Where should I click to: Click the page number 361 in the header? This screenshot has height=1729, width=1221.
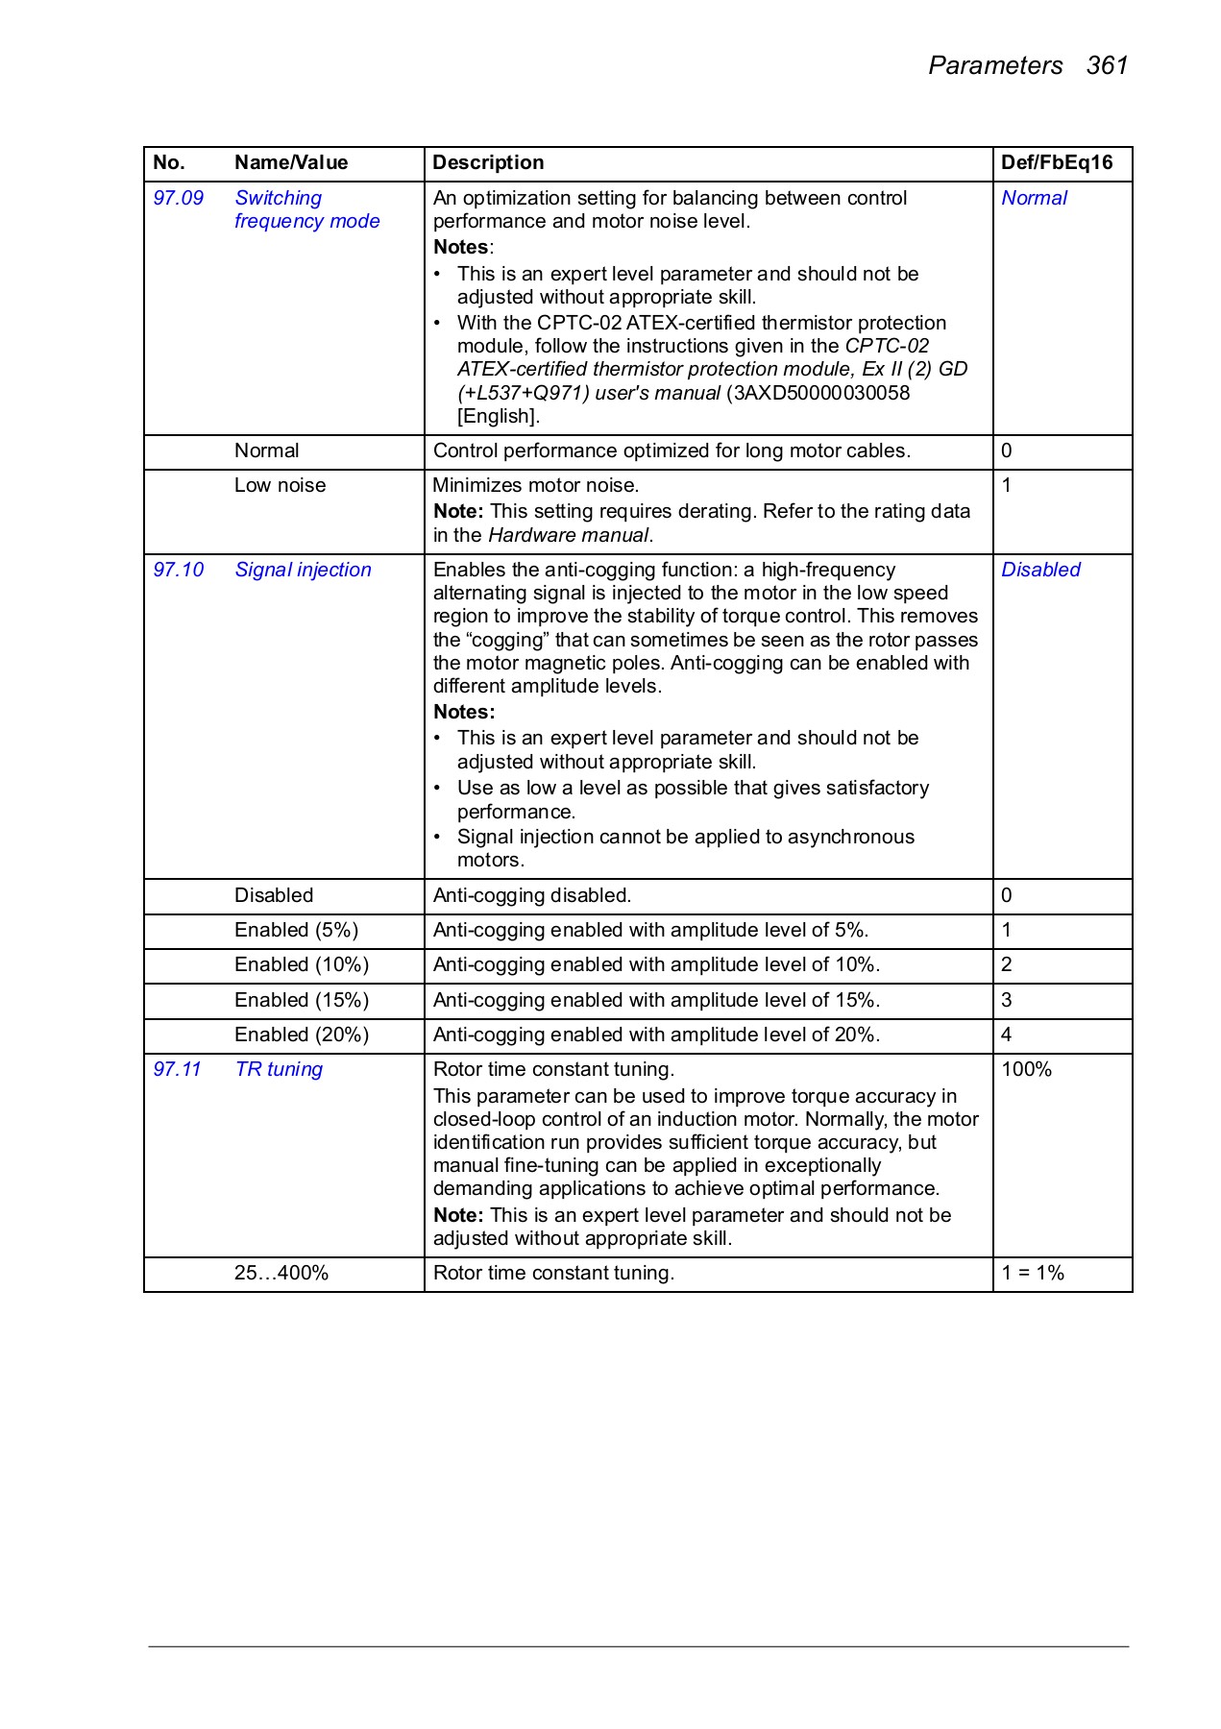[x=1107, y=65]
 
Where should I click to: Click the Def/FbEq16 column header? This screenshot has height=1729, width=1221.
[x=1056, y=162]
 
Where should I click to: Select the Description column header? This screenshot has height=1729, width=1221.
[x=488, y=162]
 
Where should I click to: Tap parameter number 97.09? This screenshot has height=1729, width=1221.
[x=179, y=198]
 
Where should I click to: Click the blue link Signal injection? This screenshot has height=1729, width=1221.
[x=303, y=570]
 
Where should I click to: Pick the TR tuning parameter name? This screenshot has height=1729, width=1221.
[x=279, y=1069]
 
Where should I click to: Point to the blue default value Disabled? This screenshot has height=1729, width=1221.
[x=1040, y=570]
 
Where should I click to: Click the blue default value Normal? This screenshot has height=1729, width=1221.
[x=1034, y=198]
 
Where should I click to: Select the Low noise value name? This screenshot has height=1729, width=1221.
[x=280, y=485]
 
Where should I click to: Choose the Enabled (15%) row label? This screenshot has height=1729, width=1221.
[x=302, y=1000]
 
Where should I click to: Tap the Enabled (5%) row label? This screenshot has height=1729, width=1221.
[x=296, y=930]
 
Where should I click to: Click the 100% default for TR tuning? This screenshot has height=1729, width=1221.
[x=1026, y=1069]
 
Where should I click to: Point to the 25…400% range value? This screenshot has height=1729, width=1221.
[x=281, y=1273]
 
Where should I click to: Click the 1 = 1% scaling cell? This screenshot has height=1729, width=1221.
[x=1033, y=1273]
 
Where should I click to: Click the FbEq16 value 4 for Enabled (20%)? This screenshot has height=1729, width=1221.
[x=1006, y=1035]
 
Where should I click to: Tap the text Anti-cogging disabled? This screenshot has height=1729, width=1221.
[x=531, y=895]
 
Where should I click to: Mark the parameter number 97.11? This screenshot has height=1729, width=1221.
[x=178, y=1069]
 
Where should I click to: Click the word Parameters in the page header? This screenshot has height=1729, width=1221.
[x=995, y=65]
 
